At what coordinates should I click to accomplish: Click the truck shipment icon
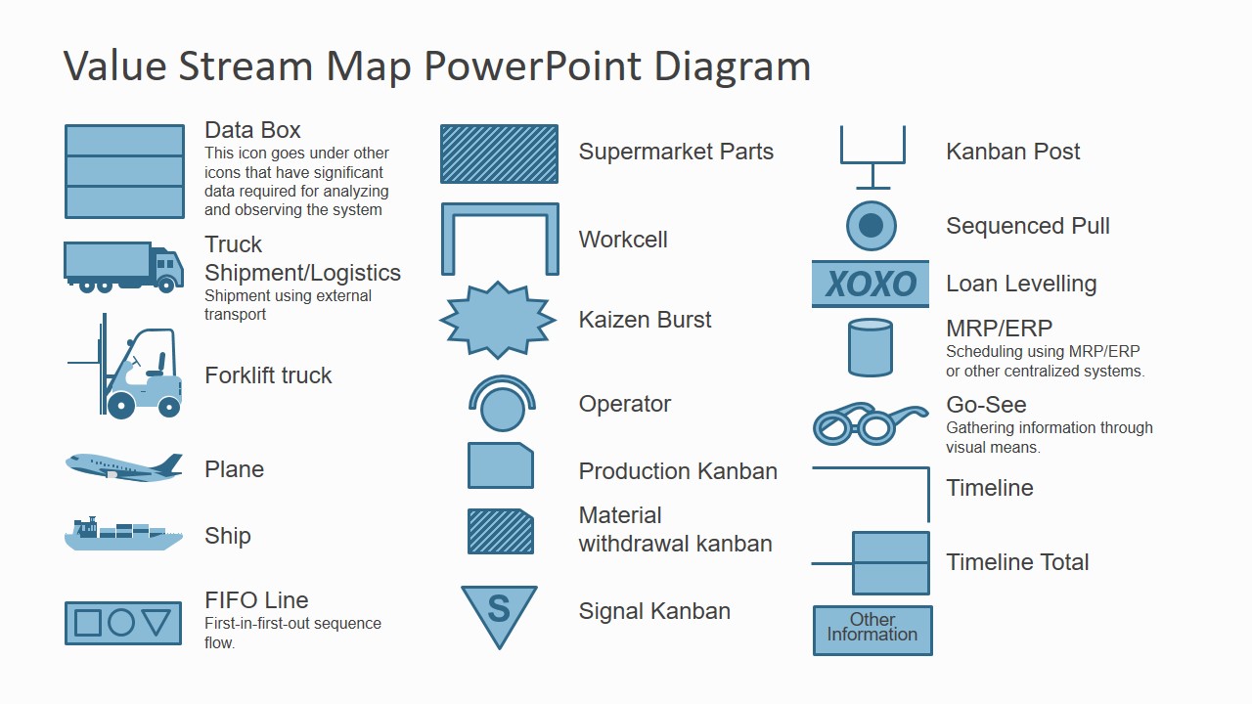pyautogui.click(x=123, y=267)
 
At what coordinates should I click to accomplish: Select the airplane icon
pyautogui.click(x=123, y=466)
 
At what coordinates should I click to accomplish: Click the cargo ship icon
pyautogui.click(x=123, y=535)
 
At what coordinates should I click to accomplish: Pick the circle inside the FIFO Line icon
pyautogui.click(x=121, y=623)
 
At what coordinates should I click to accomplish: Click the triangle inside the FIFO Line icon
pyautogui.click(x=156, y=622)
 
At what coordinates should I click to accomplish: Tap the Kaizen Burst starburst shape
pyautogui.click(x=498, y=320)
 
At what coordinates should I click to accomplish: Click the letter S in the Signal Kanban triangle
pyautogui.click(x=499, y=609)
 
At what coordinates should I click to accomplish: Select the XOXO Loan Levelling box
pyautogui.click(x=870, y=285)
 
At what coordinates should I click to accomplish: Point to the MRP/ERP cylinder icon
pyautogui.click(x=870, y=347)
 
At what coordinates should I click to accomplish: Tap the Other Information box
pyautogui.click(x=872, y=629)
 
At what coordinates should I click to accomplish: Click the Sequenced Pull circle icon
pyautogui.click(x=871, y=227)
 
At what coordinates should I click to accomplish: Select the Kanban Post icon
pyautogui.click(x=872, y=156)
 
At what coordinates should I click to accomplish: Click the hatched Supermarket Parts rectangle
pyautogui.click(x=499, y=154)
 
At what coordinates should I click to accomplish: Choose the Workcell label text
pyautogui.click(x=623, y=240)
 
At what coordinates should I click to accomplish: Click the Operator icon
pyautogui.click(x=502, y=404)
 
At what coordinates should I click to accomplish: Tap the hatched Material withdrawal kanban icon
pyautogui.click(x=500, y=532)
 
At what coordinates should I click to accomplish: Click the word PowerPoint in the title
pyautogui.click(x=533, y=66)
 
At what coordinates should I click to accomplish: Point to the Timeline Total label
pyautogui.click(x=1017, y=562)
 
